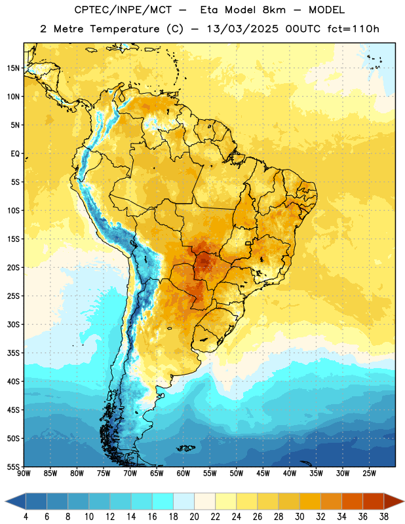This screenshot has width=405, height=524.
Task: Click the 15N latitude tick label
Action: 13,68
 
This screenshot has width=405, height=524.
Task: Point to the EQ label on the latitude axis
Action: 15,154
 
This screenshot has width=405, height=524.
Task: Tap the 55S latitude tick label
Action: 13,466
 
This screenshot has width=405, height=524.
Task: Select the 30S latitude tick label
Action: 13,324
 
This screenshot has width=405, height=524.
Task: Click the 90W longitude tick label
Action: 24,474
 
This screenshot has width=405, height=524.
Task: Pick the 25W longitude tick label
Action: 370,474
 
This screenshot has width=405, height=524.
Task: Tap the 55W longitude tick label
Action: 210,474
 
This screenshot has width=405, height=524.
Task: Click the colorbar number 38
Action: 384,517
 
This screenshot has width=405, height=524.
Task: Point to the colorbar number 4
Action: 26,517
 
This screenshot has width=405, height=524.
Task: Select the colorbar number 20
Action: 194,517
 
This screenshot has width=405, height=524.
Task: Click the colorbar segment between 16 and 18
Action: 163,501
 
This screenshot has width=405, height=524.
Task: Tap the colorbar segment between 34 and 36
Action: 352,501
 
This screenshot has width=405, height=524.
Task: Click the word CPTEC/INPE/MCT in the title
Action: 123,10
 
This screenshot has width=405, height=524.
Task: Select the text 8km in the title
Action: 274,10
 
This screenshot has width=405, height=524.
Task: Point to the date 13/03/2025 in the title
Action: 242,29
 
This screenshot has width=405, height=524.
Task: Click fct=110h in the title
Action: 353,29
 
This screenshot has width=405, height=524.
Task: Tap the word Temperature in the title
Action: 125,29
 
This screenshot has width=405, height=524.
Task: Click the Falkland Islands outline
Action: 185,448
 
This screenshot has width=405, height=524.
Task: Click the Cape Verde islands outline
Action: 375,62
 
